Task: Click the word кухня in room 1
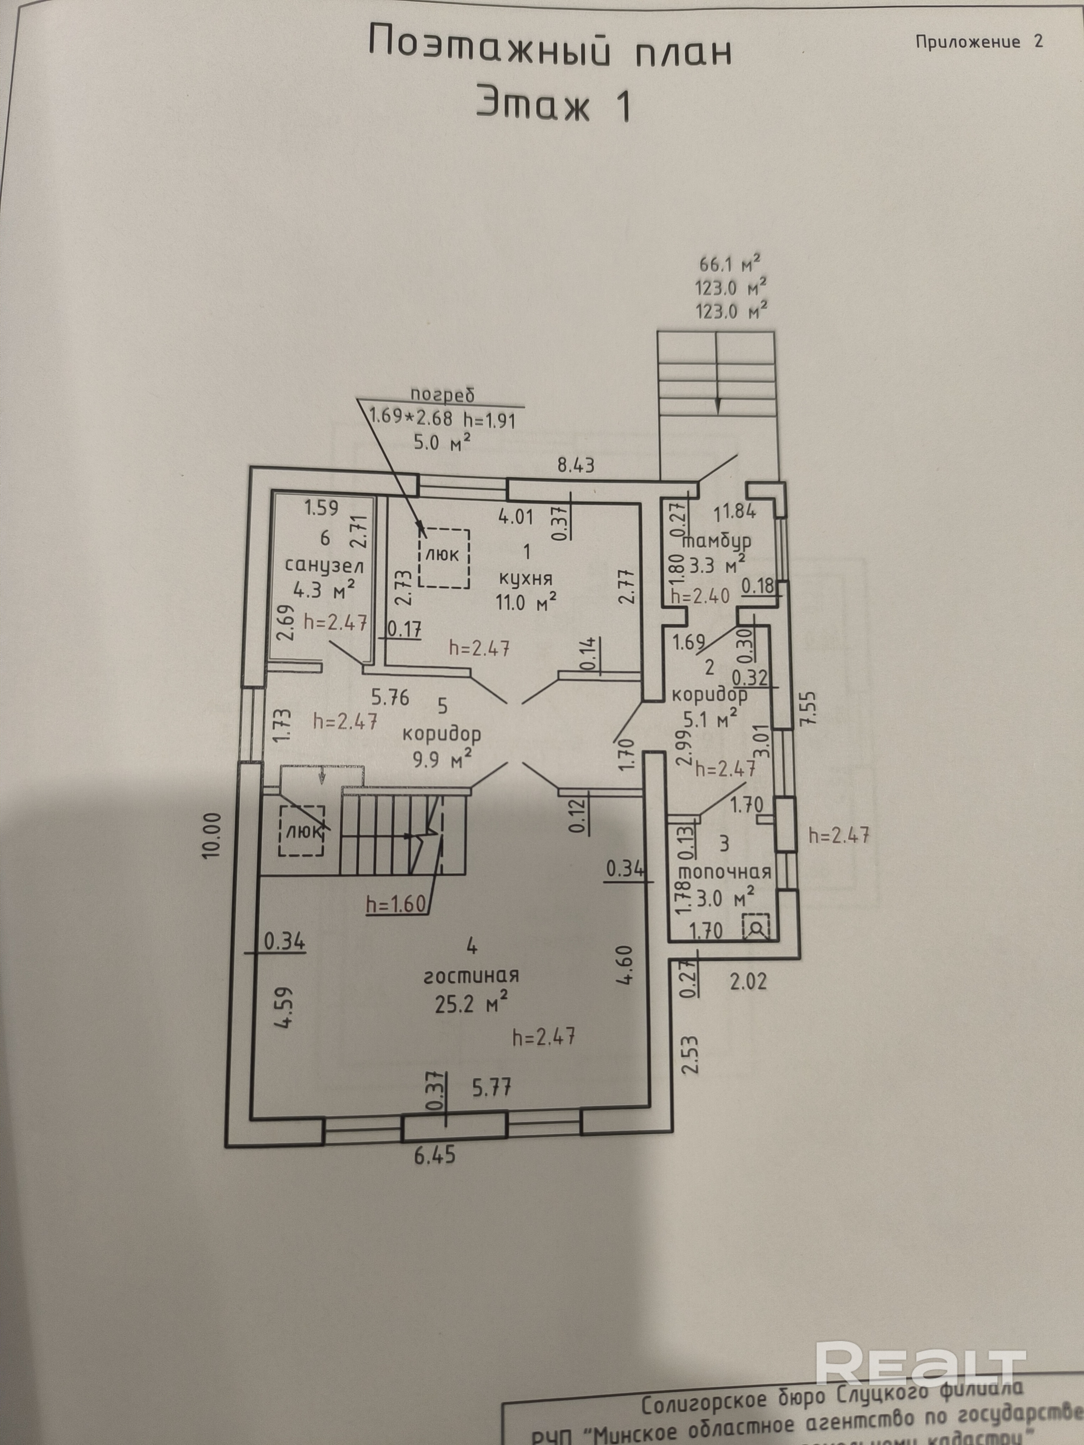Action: coord(526,578)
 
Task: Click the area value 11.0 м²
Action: coord(526,602)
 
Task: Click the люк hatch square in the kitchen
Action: coord(444,557)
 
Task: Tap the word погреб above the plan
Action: coord(442,395)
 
